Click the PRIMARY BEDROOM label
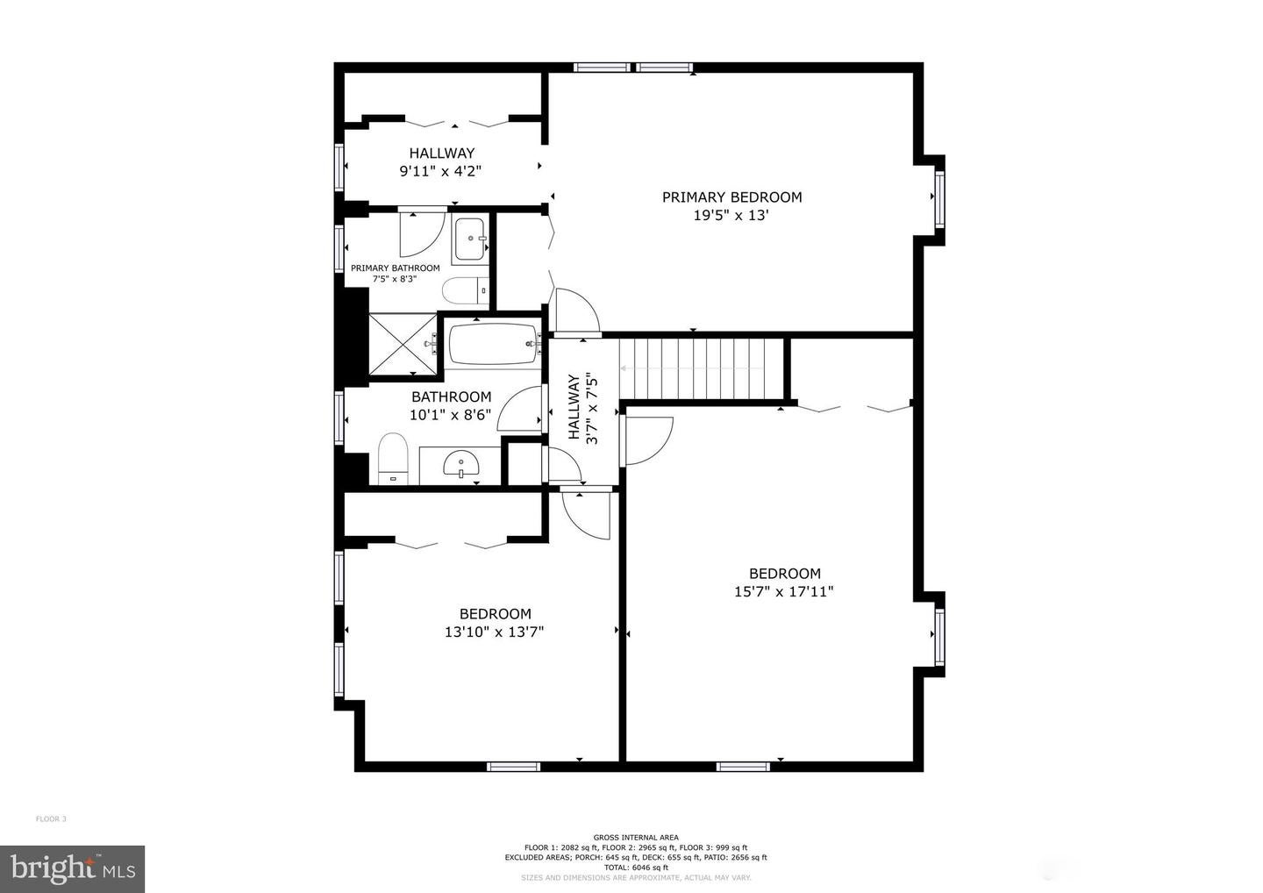tap(731, 197)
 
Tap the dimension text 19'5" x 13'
tap(731, 216)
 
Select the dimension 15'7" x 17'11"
tap(783, 592)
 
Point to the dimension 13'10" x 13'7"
tap(495, 632)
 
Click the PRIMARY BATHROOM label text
tap(395, 268)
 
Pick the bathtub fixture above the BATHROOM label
tap(494, 345)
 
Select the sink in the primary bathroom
tap(471, 239)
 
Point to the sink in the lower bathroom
tap(460, 464)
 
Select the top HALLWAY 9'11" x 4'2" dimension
tap(440, 172)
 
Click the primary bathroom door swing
tap(417, 232)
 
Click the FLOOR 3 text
tap(51, 819)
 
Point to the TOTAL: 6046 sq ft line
tap(636, 868)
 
